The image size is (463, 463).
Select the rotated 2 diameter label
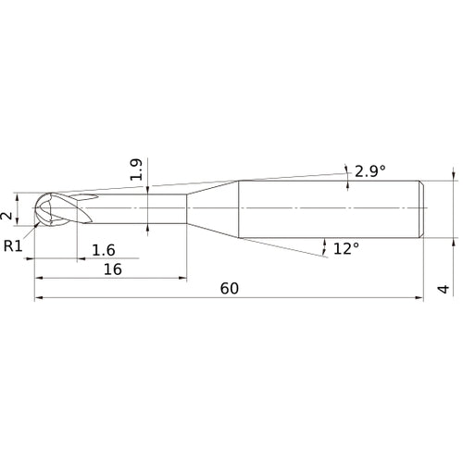pos(8,215)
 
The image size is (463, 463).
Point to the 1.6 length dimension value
pos(104,249)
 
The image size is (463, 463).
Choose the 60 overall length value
pos(229,288)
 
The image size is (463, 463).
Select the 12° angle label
pos(345,248)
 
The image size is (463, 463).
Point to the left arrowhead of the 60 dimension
pos(39,298)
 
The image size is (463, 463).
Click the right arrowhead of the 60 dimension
pos(421,298)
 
